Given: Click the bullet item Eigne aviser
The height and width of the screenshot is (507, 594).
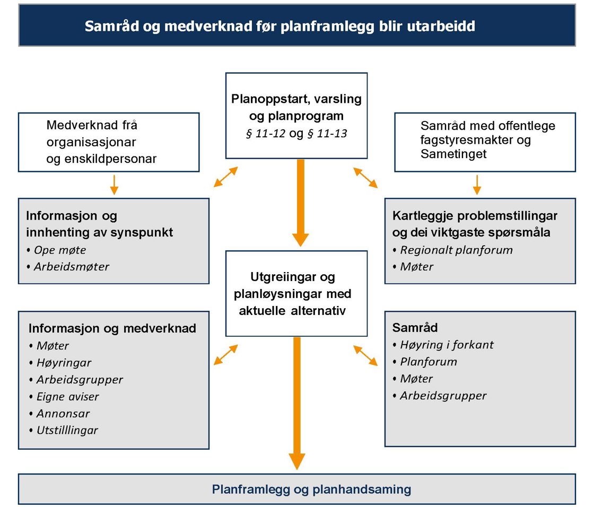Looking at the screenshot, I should [67, 397].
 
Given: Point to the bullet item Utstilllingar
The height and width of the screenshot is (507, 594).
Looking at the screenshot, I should [67, 430].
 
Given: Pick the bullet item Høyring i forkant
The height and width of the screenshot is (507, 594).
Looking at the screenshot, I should [447, 345].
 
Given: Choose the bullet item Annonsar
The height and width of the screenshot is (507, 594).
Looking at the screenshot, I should [63, 413].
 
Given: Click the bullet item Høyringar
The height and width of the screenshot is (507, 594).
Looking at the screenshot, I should [64, 363].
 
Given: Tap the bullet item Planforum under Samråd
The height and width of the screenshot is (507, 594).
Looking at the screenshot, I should [428, 362].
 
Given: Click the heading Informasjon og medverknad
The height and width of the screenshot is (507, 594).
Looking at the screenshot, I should [112, 328].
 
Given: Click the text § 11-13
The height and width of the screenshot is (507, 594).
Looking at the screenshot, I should [327, 134].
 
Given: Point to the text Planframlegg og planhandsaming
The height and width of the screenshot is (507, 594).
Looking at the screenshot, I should [311, 489].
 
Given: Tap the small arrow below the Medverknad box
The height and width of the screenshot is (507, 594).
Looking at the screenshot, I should [113, 183].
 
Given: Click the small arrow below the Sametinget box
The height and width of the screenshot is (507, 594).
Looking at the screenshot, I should [476, 183].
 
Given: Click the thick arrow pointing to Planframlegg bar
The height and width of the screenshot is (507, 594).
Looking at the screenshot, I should [296, 403].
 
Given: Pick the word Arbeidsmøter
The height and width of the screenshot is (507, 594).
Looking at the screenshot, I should [71, 267].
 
